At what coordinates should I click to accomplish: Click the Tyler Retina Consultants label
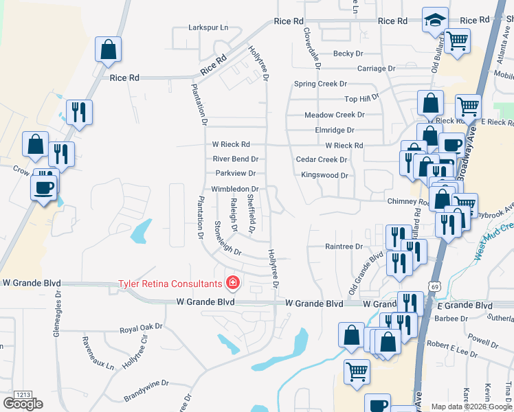170,283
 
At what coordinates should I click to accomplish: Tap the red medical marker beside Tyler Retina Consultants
233,283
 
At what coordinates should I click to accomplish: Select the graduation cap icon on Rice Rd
435,21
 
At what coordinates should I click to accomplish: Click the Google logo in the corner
23,404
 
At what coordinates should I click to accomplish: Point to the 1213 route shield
23,395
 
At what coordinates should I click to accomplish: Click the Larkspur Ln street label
208,28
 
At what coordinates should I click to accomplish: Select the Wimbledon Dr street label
234,189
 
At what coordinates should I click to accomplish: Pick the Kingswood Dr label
324,175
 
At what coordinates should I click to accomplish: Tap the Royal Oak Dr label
141,328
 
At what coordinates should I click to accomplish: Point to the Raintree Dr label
344,247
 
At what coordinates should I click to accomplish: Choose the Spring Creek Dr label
320,84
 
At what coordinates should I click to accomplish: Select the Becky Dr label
348,54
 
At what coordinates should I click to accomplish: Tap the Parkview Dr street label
235,174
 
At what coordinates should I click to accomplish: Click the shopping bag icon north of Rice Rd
109,49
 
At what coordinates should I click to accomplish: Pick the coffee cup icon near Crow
43,187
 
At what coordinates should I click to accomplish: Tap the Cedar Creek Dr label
322,159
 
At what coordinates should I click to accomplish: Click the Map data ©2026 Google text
470,407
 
